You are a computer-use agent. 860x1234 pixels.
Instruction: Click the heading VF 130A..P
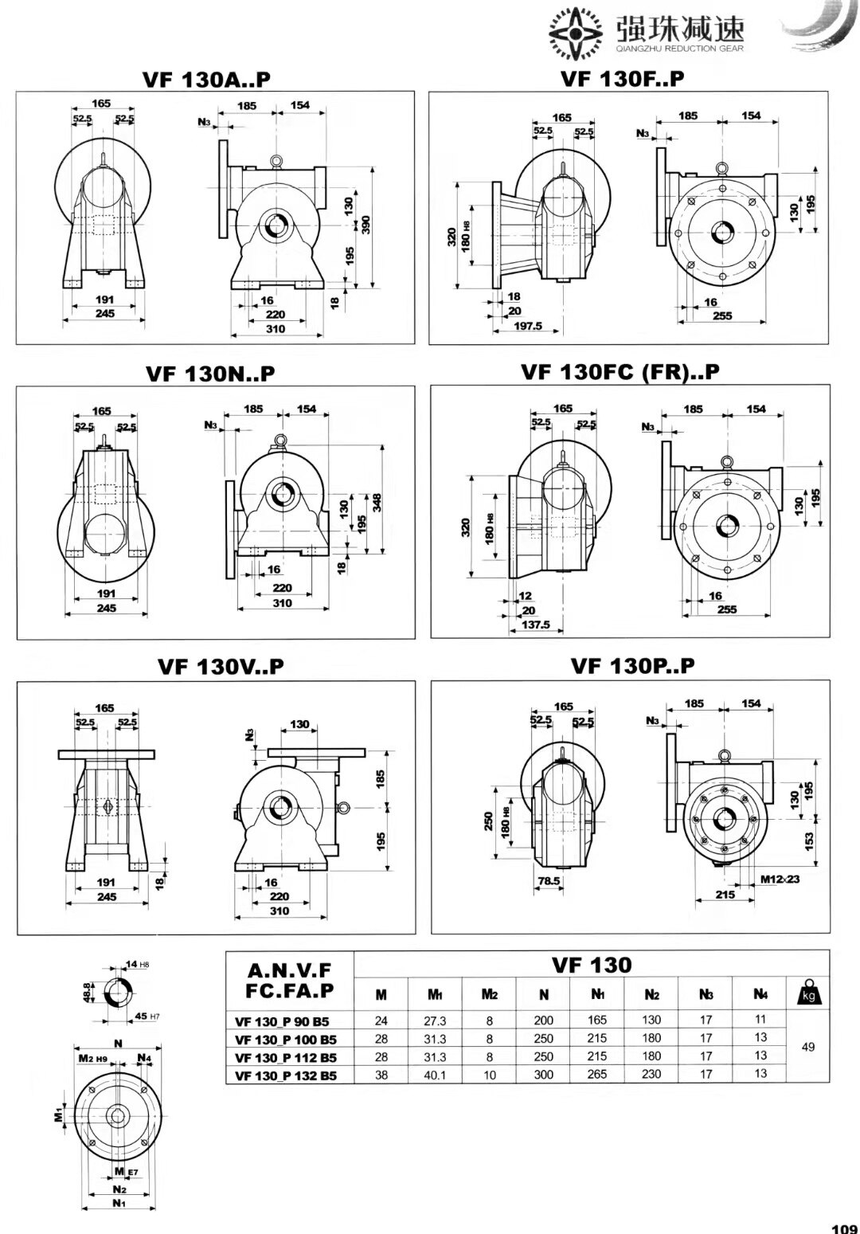[x=206, y=79]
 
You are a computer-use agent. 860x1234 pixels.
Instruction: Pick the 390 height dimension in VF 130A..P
[x=366, y=225]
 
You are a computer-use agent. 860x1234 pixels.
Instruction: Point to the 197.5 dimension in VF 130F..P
[x=527, y=326]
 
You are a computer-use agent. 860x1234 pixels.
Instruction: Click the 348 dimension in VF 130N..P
[x=377, y=503]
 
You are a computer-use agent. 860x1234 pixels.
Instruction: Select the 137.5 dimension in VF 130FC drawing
[x=535, y=625]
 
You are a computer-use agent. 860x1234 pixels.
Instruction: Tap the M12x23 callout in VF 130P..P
[x=778, y=879]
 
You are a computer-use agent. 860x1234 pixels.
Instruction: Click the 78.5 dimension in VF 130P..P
[x=549, y=881]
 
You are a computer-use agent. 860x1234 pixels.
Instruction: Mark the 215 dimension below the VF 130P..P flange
[x=725, y=895]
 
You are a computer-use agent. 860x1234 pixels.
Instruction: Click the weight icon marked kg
[x=807, y=994]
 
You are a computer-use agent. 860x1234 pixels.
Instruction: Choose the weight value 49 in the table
[x=807, y=1047]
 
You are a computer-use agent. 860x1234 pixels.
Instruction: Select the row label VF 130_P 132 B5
[x=286, y=1075]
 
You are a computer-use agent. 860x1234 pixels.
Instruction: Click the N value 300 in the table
[x=544, y=1074]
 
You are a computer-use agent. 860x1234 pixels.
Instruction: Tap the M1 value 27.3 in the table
[x=436, y=1020]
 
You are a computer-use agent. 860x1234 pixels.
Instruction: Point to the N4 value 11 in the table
[x=760, y=1019]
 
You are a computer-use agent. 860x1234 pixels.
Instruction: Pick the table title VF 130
[x=592, y=965]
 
